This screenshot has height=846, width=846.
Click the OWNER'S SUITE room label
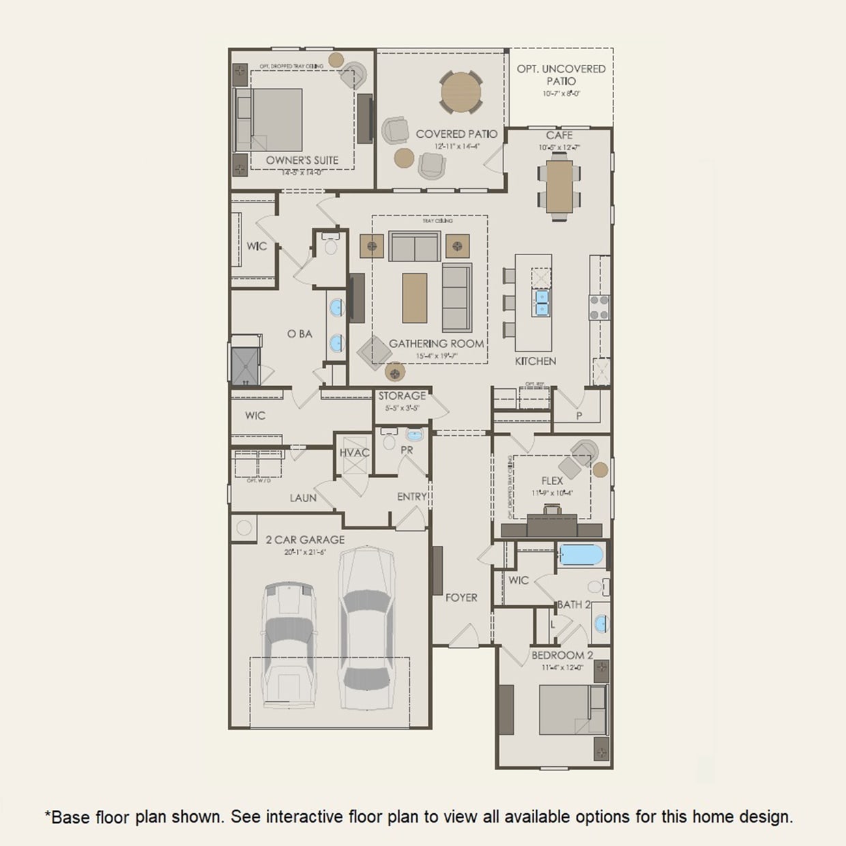click(x=302, y=160)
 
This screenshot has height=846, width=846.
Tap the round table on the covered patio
click(x=461, y=92)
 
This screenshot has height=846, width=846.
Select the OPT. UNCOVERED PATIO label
click(x=561, y=74)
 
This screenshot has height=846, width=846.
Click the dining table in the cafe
click(x=559, y=186)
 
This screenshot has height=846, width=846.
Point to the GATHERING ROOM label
click(x=436, y=344)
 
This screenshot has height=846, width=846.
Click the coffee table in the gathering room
click(x=415, y=297)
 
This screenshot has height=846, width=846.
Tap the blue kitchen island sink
click(x=542, y=302)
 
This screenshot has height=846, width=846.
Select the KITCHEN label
click(x=536, y=361)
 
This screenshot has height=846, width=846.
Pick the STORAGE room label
click(x=402, y=396)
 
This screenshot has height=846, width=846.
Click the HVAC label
click(x=354, y=453)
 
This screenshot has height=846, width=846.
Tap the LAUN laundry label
click(x=303, y=498)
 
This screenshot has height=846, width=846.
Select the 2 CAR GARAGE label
click(x=305, y=540)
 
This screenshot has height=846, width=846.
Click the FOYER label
click(x=461, y=598)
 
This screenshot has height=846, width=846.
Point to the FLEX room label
click(x=552, y=481)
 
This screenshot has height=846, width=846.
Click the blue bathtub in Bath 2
click(x=581, y=555)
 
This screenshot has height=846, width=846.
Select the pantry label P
click(x=579, y=415)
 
